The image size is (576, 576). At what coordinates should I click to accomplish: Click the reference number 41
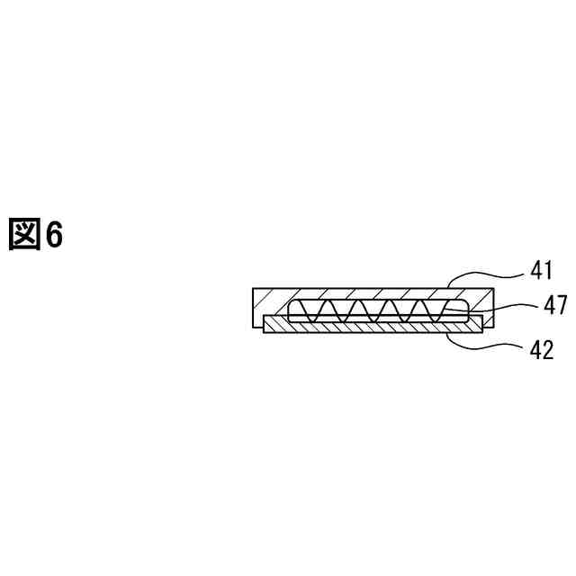(540, 269)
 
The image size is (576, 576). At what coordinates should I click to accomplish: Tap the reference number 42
(540, 349)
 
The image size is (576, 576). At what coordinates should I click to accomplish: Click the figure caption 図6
(36, 235)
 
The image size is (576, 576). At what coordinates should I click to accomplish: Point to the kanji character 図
(24, 235)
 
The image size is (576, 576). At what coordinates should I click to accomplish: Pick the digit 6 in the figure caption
(54, 236)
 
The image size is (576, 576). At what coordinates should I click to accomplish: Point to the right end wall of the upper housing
(487, 306)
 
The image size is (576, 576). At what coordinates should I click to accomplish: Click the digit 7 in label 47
(561, 306)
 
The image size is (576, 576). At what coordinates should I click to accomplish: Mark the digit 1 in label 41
(546, 269)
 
